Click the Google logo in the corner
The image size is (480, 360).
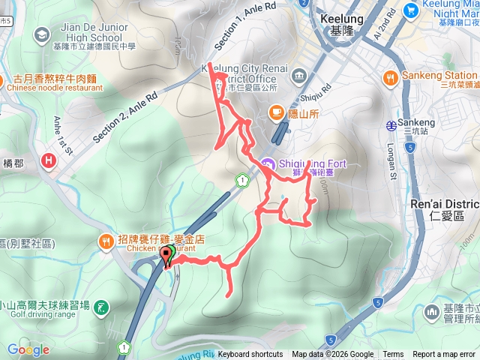pos(28,349)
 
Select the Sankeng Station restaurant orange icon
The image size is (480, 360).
pos(390,76)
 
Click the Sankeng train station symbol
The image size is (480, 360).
pos(391,124)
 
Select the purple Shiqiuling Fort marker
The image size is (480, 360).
pos(268,164)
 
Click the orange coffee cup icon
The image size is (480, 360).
pos(277,113)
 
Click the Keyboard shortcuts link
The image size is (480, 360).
pos(250,355)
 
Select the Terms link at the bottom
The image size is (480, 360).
pos(393,355)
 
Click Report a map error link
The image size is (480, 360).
pos(444,355)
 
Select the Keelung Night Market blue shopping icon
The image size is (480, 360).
pos(410,10)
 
